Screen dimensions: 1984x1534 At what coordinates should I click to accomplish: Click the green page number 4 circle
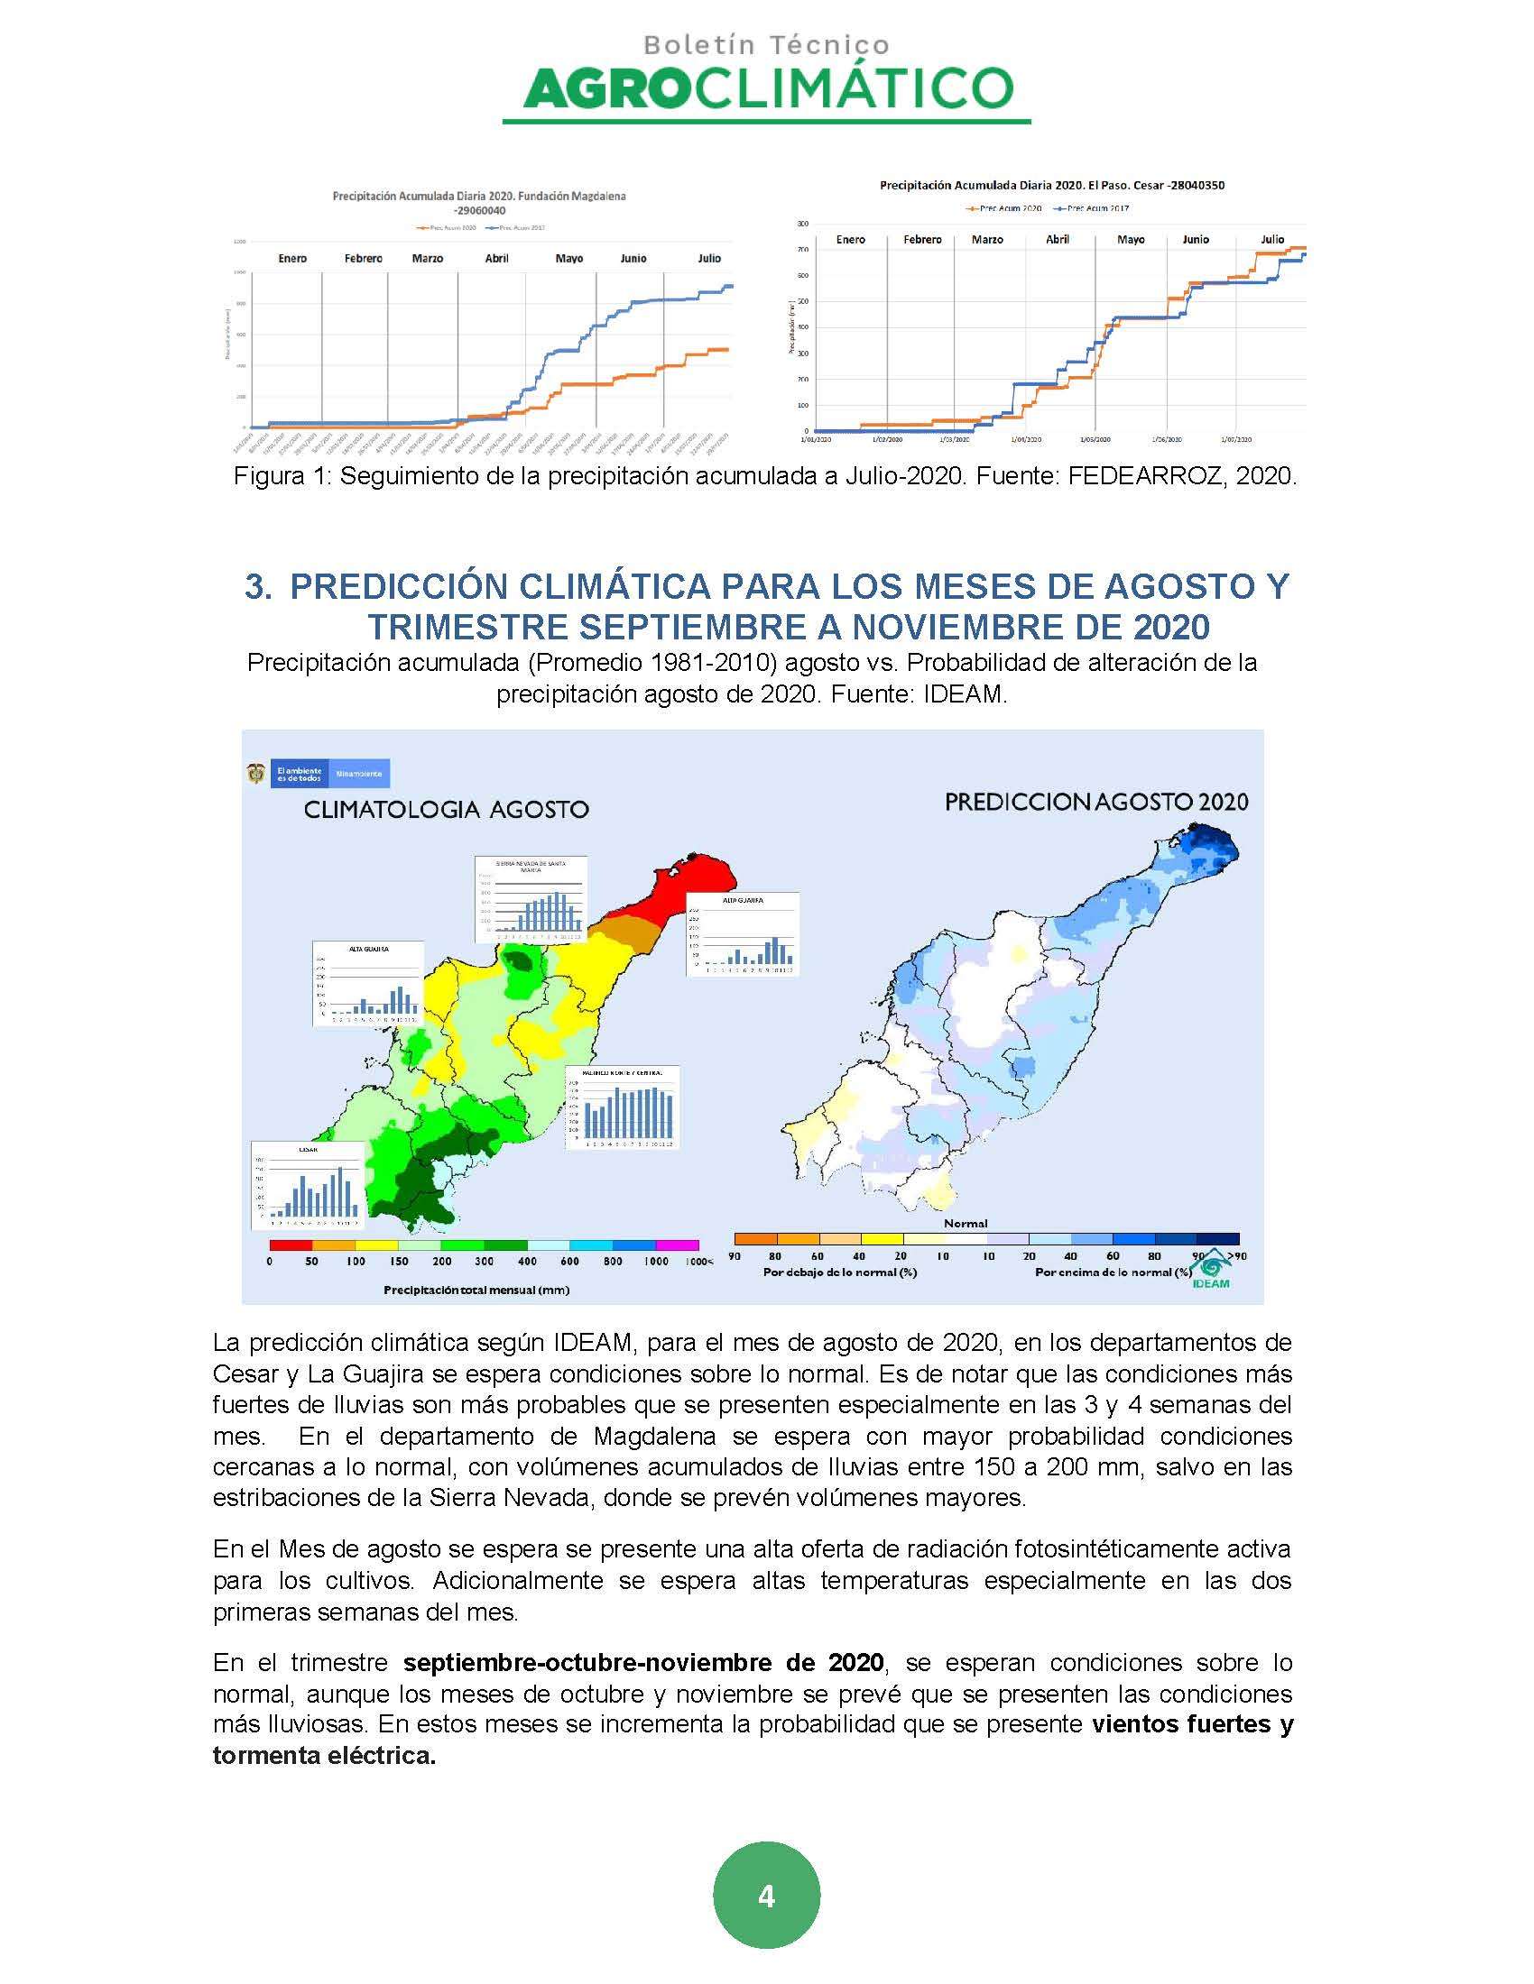pos(766,1896)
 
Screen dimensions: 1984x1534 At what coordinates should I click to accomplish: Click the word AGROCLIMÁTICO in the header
pos(768,89)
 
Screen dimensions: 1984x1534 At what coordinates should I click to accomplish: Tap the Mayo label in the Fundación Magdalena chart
pos(568,259)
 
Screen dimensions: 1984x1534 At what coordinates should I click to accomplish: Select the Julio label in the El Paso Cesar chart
pos(1271,240)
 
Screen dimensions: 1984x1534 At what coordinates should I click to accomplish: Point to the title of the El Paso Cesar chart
pos(1051,185)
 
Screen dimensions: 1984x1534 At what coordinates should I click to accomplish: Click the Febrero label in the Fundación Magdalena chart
pos(363,259)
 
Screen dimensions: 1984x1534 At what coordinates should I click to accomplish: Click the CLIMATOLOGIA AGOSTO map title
pos(445,810)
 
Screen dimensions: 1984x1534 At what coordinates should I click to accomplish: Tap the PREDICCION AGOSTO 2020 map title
pos(1096,802)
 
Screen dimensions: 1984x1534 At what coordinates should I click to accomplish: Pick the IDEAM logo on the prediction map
pos(1210,1269)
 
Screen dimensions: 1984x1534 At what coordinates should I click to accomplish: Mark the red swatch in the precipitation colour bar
pos(291,1245)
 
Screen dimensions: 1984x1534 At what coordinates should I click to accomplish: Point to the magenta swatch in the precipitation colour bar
pos(677,1245)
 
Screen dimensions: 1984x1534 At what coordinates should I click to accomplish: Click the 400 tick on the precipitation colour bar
pos(527,1261)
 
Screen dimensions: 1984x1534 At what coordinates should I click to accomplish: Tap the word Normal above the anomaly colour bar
pos(966,1223)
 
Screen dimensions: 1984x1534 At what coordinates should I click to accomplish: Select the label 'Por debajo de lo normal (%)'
pos(840,1272)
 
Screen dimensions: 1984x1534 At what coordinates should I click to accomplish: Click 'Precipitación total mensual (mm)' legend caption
pos(476,1290)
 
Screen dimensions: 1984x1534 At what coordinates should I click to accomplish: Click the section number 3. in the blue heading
pos(258,587)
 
